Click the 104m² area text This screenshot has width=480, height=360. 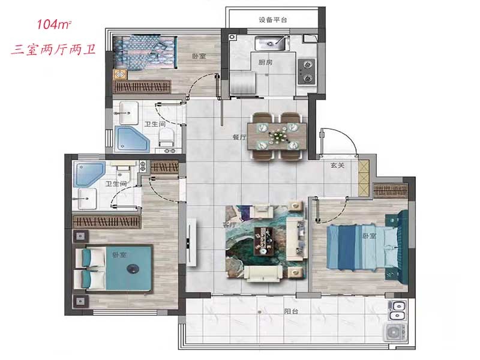click(x=54, y=25)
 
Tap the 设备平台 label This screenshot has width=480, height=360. click(x=273, y=20)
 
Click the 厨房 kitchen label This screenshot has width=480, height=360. click(x=265, y=62)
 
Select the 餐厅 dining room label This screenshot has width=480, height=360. click(x=239, y=137)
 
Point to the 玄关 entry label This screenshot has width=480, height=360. click(x=337, y=166)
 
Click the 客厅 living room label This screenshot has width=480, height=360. click(x=230, y=224)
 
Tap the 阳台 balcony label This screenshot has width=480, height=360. click(x=291, y=311)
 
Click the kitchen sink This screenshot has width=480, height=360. click(x=272, y=43)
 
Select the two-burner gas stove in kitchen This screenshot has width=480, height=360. click(x=307, y=71)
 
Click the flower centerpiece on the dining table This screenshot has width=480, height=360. click(x=278, y=136)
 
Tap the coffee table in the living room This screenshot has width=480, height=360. click(x=263, y=241)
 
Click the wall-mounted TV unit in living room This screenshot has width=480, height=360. click(x=192, y=242)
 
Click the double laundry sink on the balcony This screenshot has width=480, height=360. click(x=397, y=310)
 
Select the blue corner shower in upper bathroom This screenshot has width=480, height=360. click(x=132, y=139)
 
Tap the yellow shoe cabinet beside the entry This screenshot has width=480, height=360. click(x=364, y=178)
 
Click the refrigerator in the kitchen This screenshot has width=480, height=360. click(x=243, y=83)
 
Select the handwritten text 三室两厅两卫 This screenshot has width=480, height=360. click(x=53, y=49)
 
